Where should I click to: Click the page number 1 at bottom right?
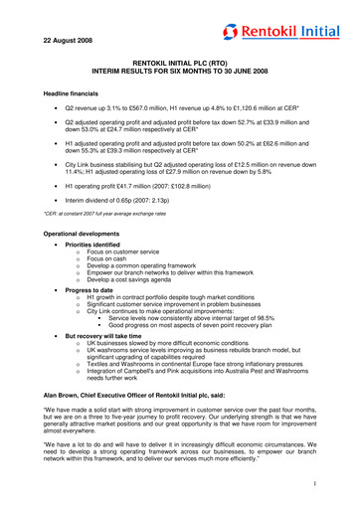click(338, 485)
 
